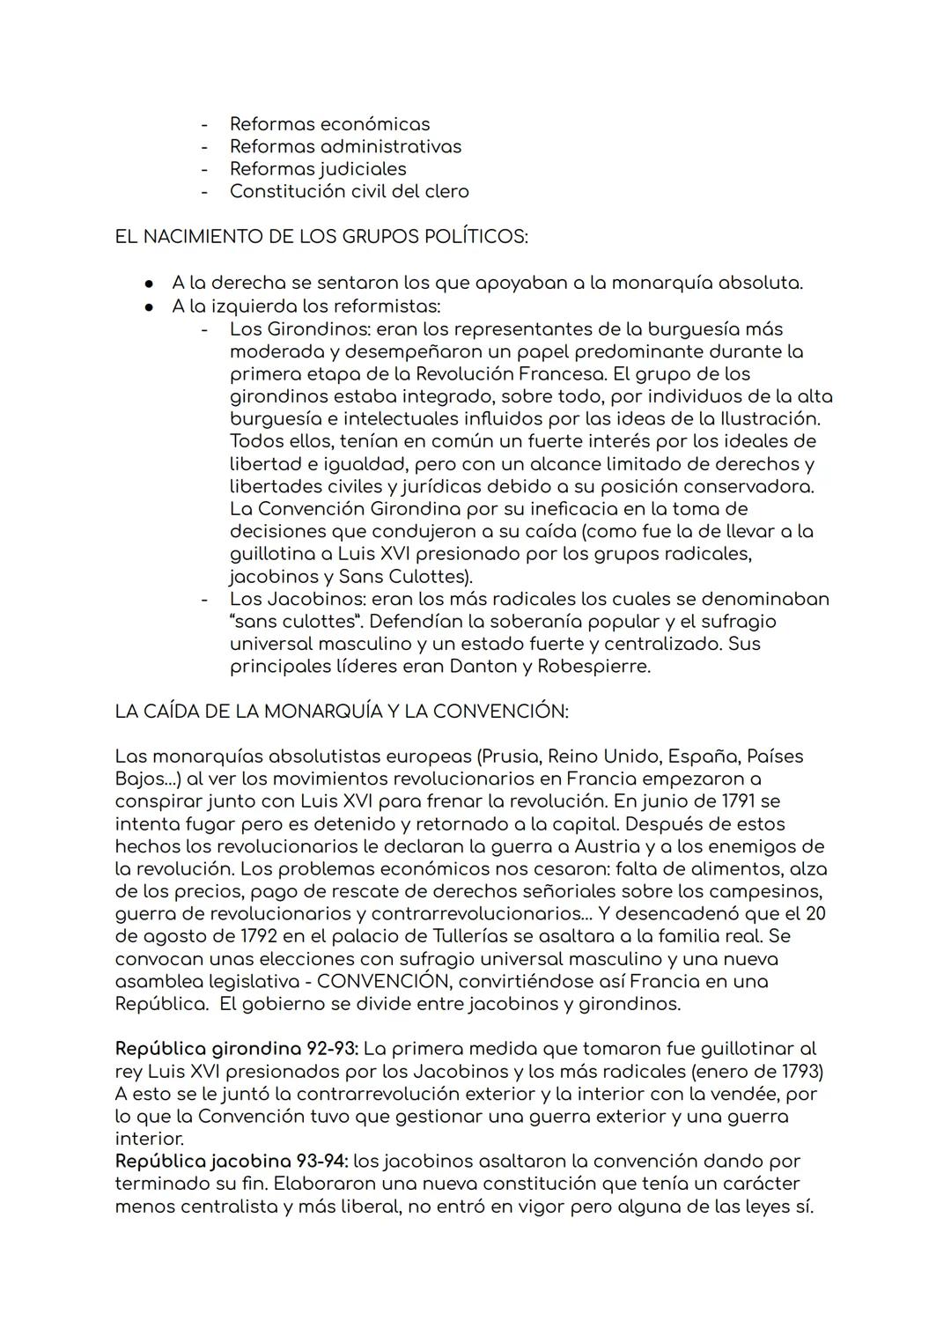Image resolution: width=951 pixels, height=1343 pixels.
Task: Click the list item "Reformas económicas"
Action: coord(329,124)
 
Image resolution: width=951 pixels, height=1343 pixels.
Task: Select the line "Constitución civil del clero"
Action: coord(349,191)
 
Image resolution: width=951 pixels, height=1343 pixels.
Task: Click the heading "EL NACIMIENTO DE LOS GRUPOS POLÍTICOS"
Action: coord(321,237)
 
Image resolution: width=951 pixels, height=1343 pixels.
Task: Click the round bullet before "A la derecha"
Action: coord(151,284)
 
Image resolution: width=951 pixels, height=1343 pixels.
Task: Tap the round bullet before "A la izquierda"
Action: coord(151,307)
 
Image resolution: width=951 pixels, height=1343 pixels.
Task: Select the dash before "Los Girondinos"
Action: coord(204,329)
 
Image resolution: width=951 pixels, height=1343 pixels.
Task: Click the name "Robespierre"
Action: coord(591,667)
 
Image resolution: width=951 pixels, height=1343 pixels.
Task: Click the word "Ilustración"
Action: coord(769,419)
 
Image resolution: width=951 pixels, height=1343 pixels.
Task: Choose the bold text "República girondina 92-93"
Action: coord(236,1049)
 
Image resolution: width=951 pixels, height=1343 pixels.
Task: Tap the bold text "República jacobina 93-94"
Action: coord(232,1162)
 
